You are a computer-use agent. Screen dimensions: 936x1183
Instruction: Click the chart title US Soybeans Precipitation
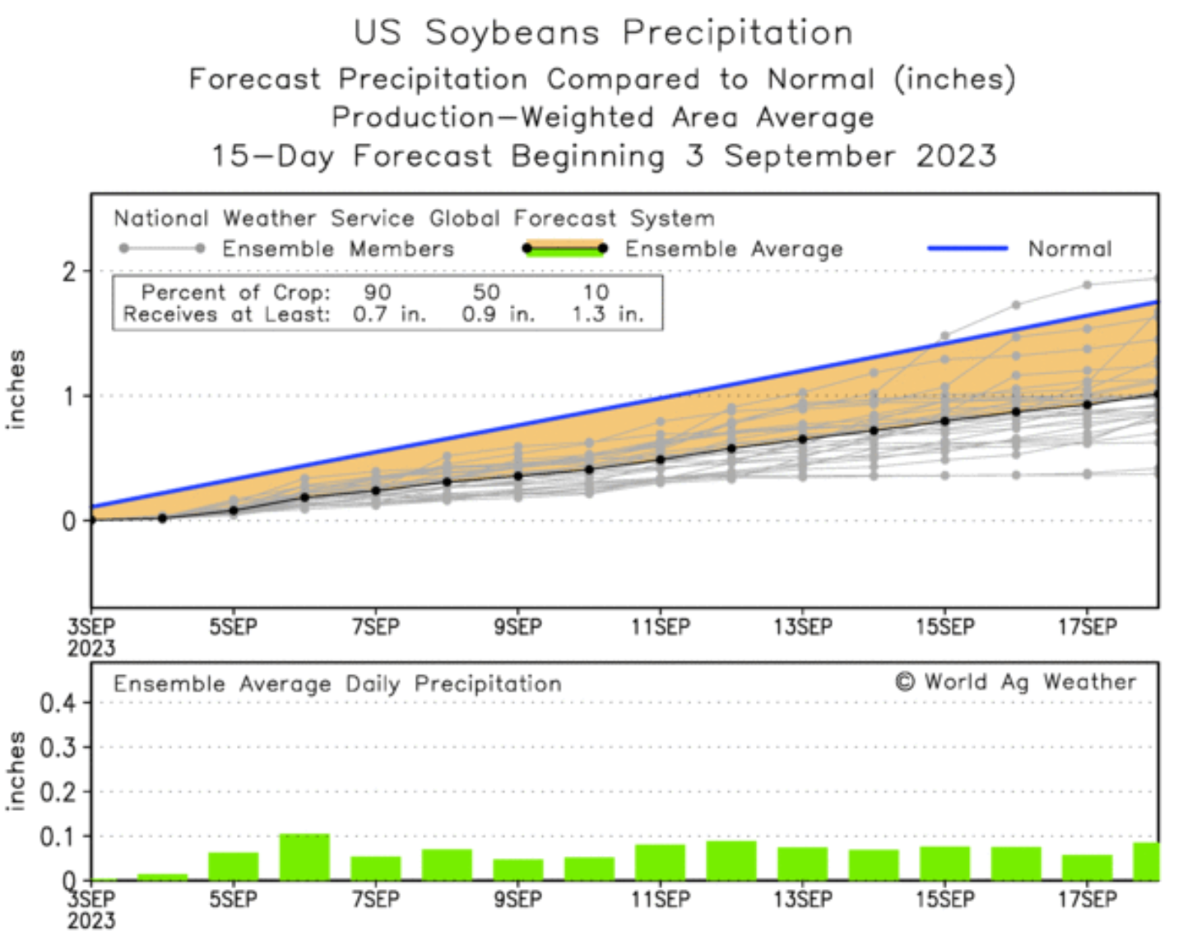click(603, 33)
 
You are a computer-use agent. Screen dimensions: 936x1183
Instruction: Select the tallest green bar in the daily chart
click(304, 857)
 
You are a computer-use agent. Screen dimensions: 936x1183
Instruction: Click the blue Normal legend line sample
click(967, 248)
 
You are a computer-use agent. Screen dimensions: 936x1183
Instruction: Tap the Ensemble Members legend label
click(337, 249)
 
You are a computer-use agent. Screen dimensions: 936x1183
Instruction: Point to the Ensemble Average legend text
click(734, 249)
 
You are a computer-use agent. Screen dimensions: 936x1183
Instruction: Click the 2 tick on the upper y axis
click(69, 272)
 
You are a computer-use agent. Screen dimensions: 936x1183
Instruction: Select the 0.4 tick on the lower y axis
click(58, 703)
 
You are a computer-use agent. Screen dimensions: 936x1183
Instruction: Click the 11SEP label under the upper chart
click(661, 627)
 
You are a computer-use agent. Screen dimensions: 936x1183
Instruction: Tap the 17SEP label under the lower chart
click(1088, 899)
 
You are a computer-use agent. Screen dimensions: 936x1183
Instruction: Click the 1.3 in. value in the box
click(608, 314)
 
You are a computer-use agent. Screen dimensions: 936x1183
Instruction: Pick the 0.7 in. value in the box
click(389, 314)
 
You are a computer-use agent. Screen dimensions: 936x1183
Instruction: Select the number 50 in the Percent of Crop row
click(486, 292)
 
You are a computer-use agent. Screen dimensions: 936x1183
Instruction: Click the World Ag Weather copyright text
click(1016, 682)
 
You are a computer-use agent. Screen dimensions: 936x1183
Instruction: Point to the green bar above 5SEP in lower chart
click(234, 866)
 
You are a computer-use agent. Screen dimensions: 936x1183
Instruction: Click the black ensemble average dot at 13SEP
click(803, 440)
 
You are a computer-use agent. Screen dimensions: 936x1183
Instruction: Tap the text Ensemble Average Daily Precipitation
click(337, 684)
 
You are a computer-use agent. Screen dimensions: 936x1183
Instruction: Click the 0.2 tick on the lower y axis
click(58, 792)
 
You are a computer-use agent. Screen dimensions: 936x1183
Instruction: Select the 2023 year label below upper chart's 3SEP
click(91, 649)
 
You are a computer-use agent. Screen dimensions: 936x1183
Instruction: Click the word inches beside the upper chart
click(16, 389)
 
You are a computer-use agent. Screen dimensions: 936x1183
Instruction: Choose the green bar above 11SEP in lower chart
click(661, 862)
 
